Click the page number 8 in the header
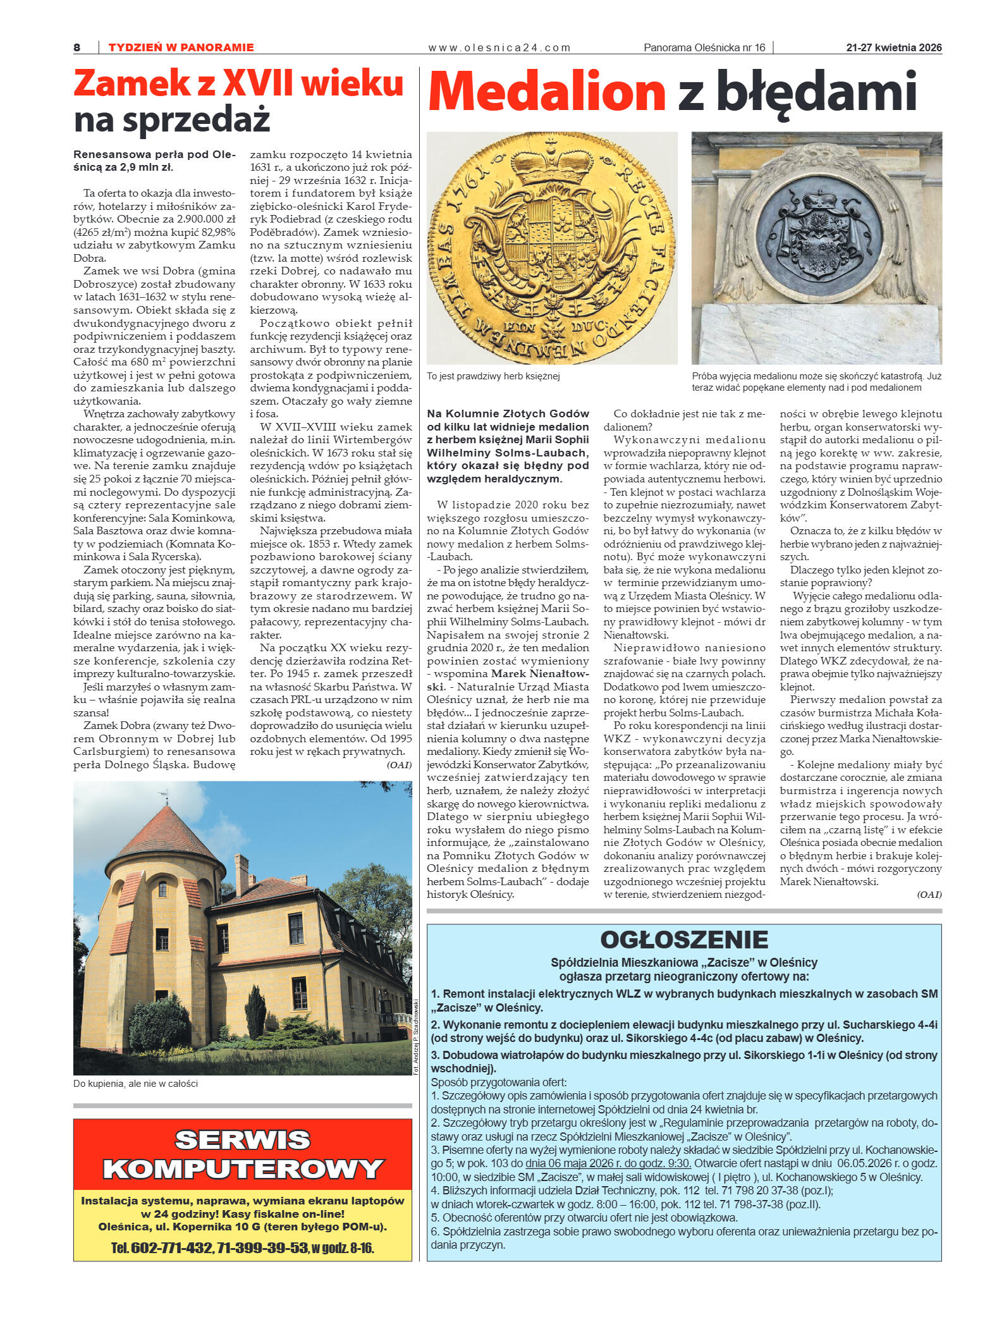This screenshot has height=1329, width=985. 77,47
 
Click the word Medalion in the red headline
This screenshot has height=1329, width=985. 547,92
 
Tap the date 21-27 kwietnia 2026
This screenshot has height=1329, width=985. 893,47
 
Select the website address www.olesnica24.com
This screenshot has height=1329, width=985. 499,47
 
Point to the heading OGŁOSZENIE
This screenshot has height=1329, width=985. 683,940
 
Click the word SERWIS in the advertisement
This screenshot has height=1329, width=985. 243,1140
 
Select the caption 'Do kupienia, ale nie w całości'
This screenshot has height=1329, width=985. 135,1084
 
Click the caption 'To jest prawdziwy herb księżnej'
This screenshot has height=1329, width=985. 493,376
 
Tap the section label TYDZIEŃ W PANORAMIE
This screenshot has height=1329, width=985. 181,47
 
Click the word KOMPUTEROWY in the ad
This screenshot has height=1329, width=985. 243,1169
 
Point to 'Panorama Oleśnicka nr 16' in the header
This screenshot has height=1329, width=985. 704,47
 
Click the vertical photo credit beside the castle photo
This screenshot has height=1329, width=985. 416,1036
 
